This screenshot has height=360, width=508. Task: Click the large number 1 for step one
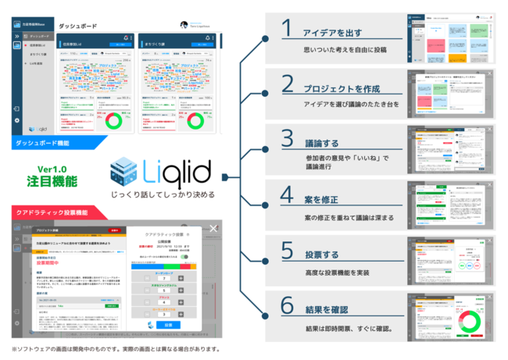tap(287, 29)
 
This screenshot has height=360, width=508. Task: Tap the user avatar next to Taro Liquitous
tap(184, 25)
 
